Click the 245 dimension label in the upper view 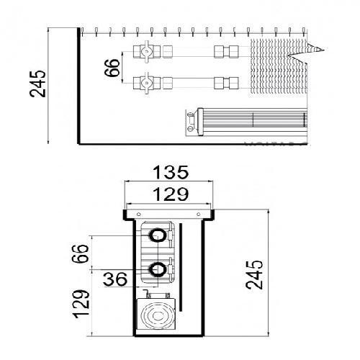(37, 84)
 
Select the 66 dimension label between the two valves (112, 68)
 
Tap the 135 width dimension (171, 172)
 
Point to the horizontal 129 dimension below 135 (171, 194)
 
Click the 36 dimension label (115, 279)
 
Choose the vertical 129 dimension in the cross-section (81, 304)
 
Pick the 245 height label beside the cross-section (254, 274)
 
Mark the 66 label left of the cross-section (81, 253)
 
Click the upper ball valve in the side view (147, 52)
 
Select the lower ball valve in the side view (147, 83)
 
